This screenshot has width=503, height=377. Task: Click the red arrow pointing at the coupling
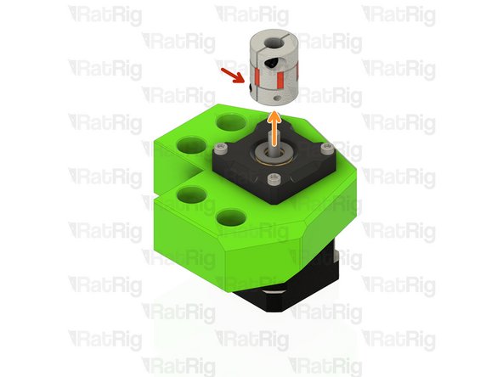(x=230, y=79)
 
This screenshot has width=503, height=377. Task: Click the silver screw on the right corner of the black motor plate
(x=325, y=150)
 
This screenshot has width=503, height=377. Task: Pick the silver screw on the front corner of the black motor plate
(x=273, y=179)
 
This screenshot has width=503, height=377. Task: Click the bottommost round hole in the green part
(x=229, y=219)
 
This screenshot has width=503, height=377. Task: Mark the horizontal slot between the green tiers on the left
(x=166, y=192)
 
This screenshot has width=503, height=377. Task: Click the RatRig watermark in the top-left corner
(x=105, y=14)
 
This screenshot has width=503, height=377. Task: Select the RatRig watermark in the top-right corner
(x=398, y=14)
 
